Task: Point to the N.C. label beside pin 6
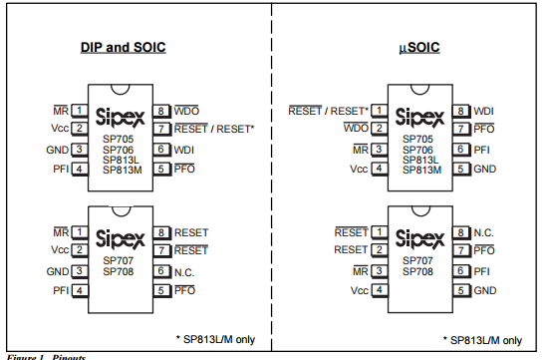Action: coord(185,270)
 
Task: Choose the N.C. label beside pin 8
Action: coord(485,231)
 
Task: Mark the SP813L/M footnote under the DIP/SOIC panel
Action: coord(214,339)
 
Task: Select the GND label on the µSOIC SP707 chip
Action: coord(484,290)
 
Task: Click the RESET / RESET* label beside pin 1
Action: coord(328,110)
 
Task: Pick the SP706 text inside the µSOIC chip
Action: coord(418,150)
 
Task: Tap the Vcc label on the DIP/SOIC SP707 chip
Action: coord(59,250)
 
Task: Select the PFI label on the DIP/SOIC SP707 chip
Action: coord(60,290)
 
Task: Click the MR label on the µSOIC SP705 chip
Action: coord(360,150)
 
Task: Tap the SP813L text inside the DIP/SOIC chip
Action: coord(121,160)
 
